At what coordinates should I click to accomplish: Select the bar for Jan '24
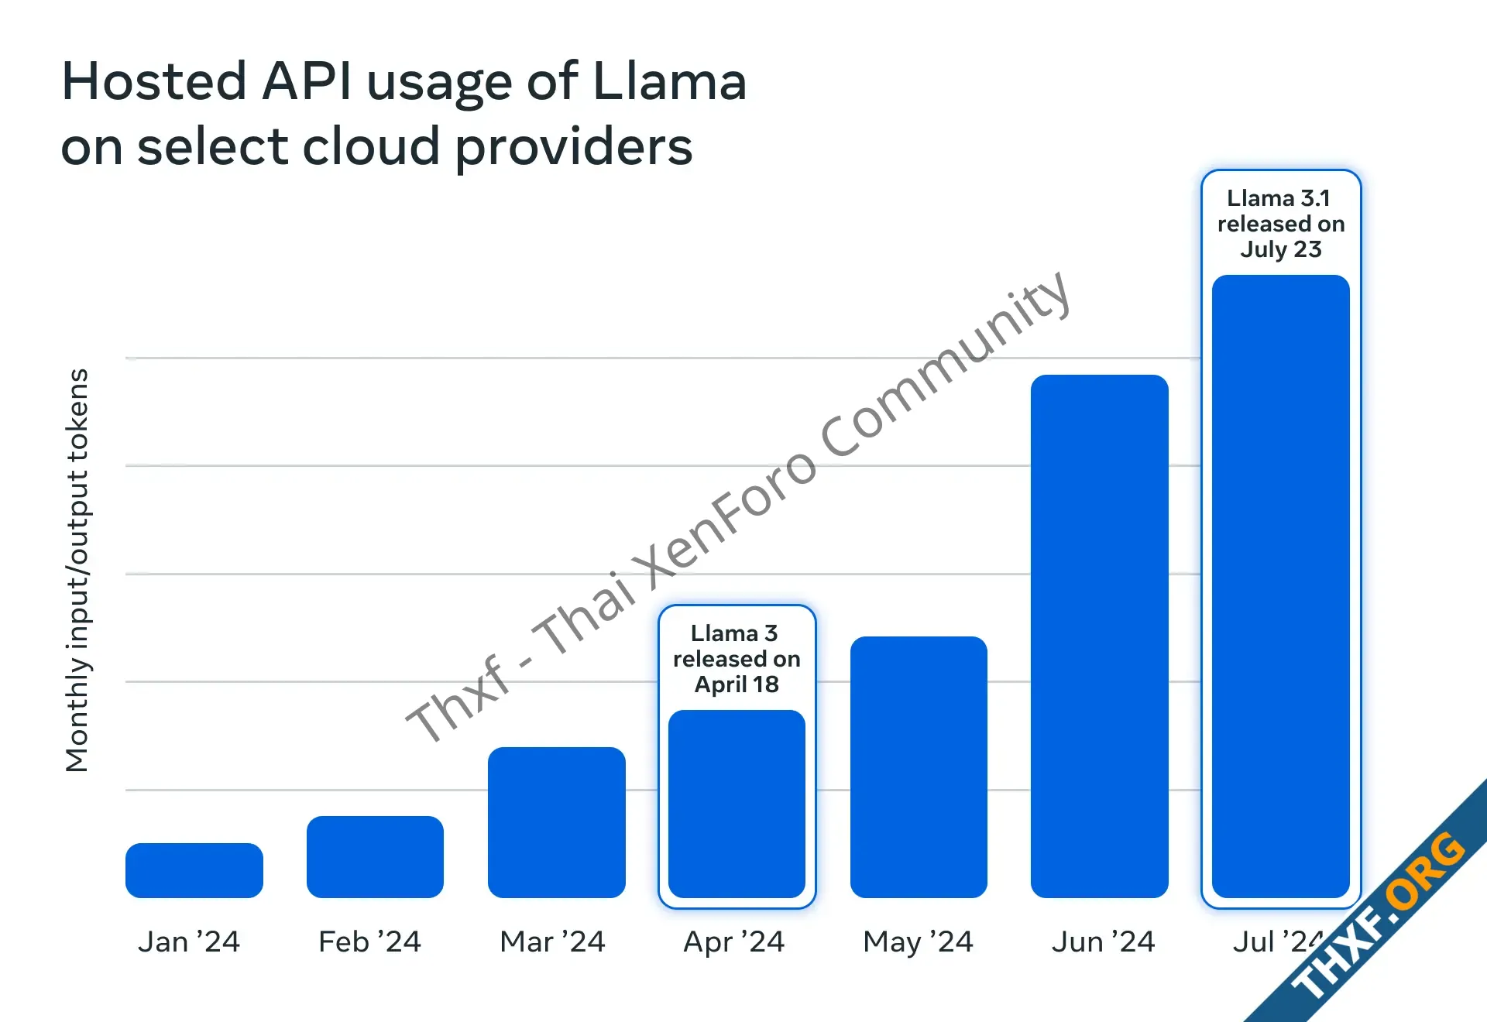coord(194,870)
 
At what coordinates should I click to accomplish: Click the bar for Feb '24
coord(375,856)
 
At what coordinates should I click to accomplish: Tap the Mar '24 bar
coord(556,822)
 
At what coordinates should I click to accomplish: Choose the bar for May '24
coord(919,766)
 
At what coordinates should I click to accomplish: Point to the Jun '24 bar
coord(1099,636)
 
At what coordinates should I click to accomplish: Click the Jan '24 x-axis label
coord(189,942)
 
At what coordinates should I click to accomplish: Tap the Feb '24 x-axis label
coord(369,942)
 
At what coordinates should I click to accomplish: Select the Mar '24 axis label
coord(552,942)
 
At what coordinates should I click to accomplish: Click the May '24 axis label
coord(918,942)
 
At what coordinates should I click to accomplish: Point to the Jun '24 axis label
coord(1103,942)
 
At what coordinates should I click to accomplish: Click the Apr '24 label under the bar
coord(734,942)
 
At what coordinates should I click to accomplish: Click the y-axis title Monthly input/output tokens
coord(77,570)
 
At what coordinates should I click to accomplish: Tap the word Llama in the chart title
coord(669,81)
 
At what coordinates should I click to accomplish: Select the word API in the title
coord(307,81)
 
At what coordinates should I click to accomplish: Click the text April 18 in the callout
coord(737,684)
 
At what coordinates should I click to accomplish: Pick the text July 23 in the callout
coord(1280,249)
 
